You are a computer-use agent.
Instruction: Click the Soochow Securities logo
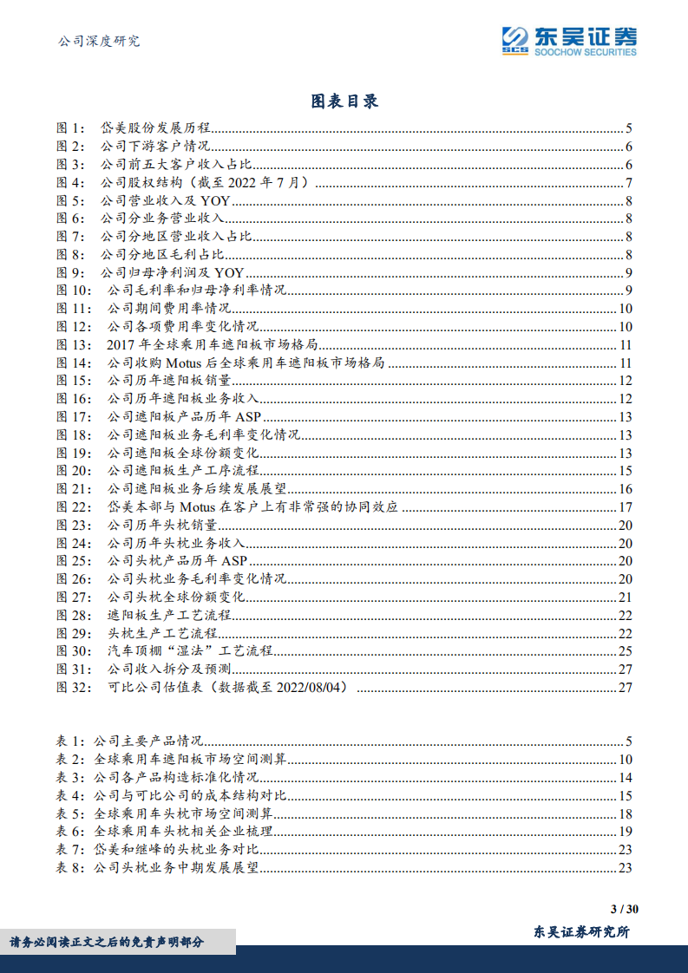coord(569,40)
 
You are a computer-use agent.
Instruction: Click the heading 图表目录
coord(344,101)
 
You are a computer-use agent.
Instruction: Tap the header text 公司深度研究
coord(97,41)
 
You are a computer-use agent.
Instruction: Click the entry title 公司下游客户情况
coord(155,147)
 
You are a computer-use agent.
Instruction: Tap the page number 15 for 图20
coord(625,471)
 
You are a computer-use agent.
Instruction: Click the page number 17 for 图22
coord(625,506)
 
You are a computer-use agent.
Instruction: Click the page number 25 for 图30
coord(625,651)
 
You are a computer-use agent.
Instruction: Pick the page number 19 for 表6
coord(625,831)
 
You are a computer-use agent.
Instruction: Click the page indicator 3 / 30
coord(625,910)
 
